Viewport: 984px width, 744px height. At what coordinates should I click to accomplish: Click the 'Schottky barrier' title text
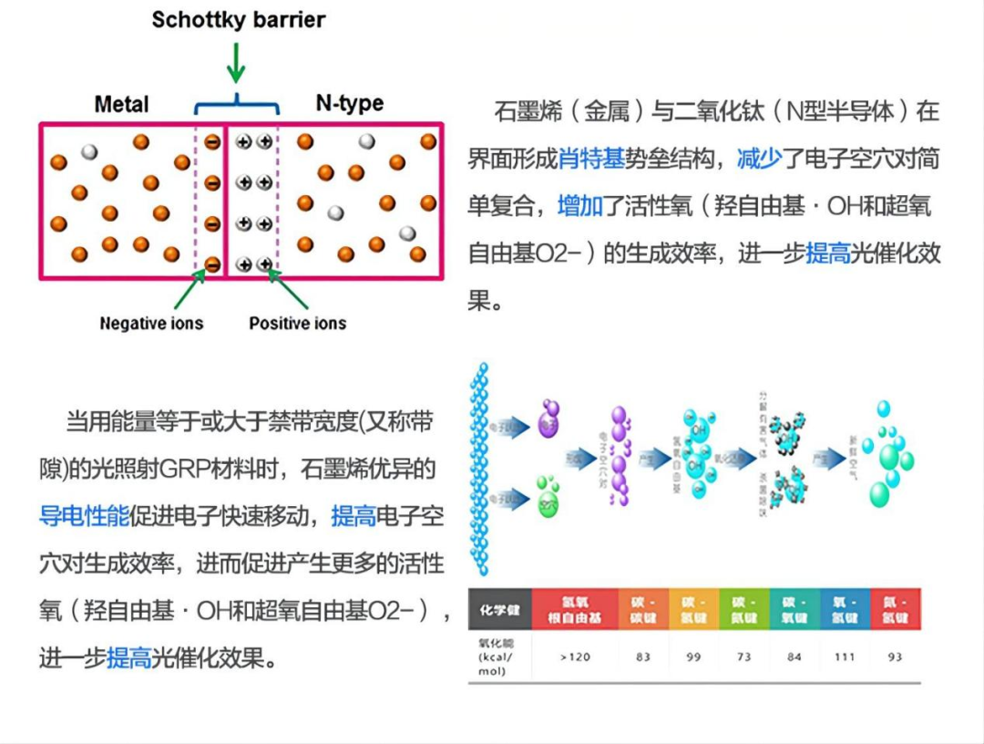238,20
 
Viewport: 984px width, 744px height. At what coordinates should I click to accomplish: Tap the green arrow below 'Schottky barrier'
236,63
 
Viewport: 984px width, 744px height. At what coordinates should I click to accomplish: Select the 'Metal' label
121,104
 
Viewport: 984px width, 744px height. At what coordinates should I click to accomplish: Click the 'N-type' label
350,104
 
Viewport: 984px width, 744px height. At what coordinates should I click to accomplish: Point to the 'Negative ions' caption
151,323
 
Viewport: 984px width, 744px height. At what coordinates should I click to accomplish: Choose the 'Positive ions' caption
298,323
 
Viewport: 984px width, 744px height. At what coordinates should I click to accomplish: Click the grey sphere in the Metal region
89,152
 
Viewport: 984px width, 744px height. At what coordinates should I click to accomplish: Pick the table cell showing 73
743,656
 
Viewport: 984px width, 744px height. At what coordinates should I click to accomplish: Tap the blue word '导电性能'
85,517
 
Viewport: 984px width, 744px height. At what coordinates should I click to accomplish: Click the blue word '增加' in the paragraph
580,207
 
